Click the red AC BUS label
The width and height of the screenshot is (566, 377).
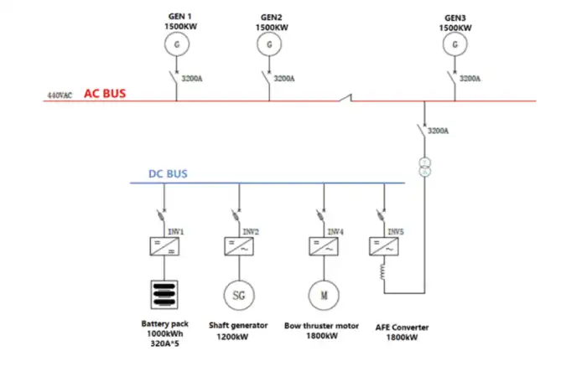[x=105, y=93]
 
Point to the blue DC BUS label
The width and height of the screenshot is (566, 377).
[x=168, y=174]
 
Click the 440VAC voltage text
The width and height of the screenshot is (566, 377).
[x=60, y=96]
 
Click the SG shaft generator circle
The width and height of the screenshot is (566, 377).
[x=238, y=294]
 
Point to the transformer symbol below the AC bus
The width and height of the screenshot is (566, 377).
[x=425, y=165]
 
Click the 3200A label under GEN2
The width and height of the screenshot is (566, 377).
[x=285, y=79]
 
